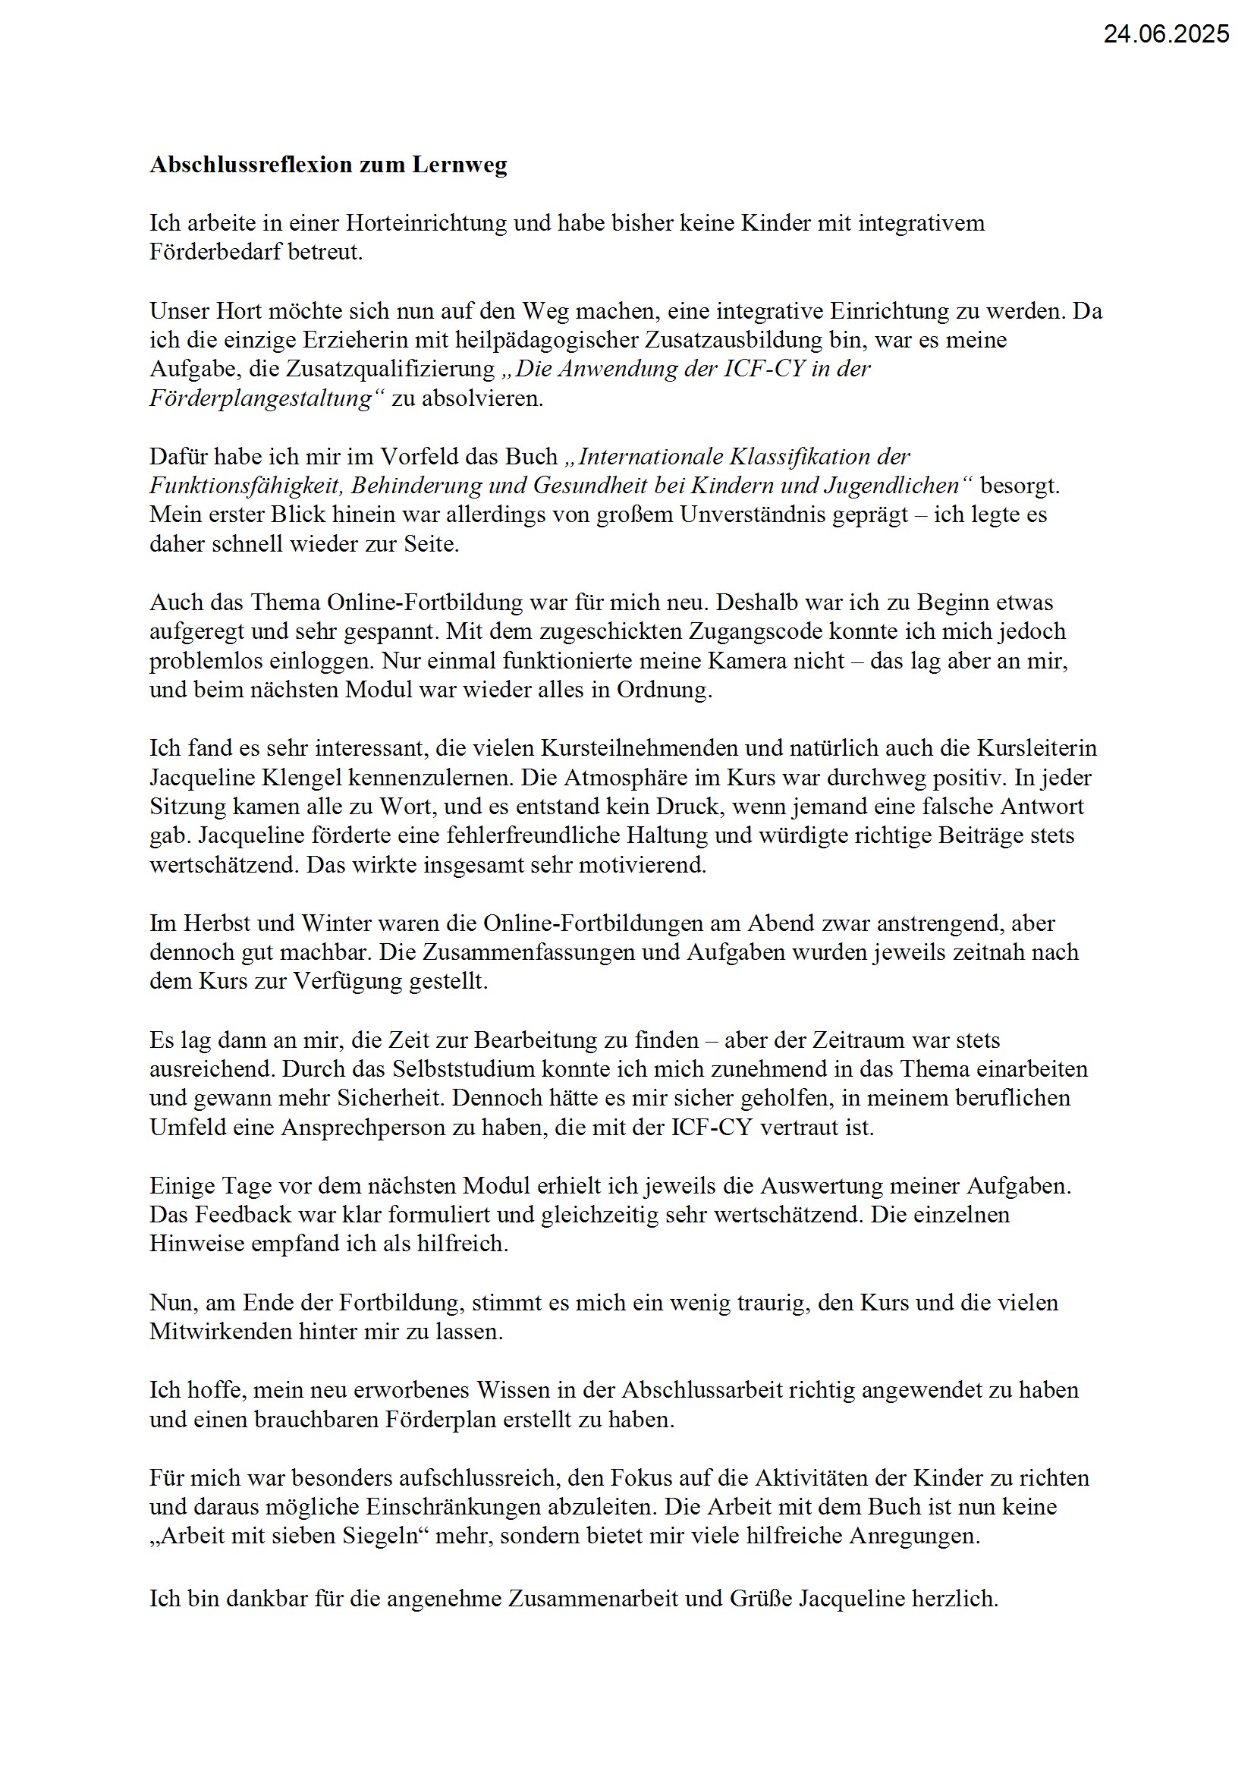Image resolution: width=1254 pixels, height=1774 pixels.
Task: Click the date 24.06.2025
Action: pos(1165,34)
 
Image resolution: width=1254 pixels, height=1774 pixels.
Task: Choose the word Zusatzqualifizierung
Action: pos(389,370)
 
